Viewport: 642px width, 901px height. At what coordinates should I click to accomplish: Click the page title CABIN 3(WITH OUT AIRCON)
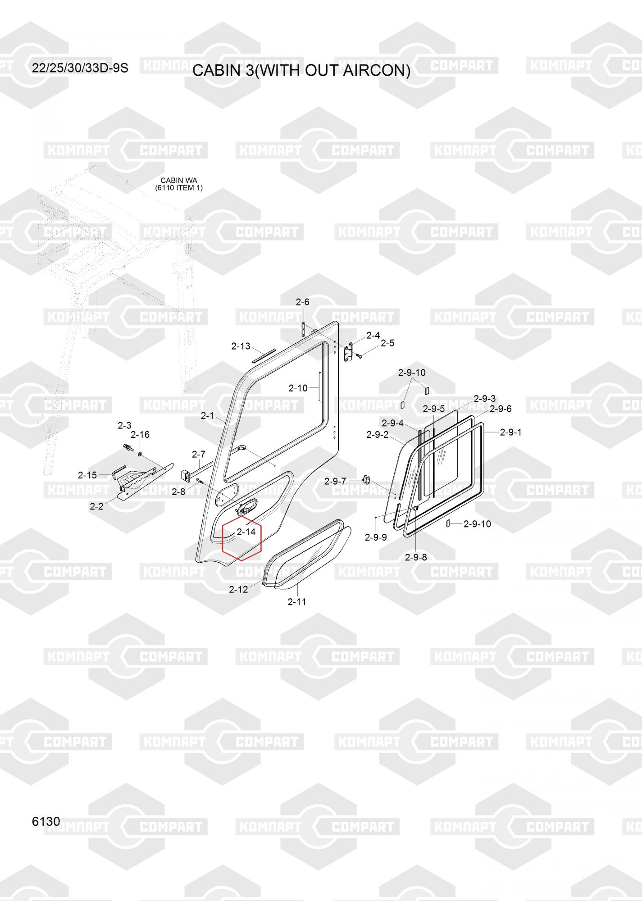pos(301,70)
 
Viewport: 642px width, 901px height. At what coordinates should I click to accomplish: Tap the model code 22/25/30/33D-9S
pos(80,68)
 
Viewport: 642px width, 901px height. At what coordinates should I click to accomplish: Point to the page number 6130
pos(46,821)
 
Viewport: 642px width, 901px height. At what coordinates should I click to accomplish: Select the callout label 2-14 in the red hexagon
pos(246,532)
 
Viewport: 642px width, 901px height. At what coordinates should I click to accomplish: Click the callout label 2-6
pos(302,302)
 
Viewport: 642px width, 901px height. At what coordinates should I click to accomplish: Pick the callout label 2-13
pos(241,346)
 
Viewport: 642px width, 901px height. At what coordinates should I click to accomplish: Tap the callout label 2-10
pos(298,388)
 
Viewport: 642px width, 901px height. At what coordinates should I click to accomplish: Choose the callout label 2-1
pos(207,415)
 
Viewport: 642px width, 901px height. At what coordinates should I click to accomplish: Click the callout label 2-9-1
pos(510,432)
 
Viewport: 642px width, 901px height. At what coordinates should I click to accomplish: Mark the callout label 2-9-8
pos(415,557)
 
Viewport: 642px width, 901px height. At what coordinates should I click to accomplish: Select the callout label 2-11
pos(297,602)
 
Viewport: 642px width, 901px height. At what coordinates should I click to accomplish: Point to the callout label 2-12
pos(238,589)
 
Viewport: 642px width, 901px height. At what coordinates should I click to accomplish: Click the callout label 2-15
pos(87,475)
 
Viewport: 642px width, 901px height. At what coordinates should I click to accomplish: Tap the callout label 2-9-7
pos(335,481)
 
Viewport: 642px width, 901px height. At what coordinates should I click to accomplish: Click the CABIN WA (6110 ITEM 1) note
pos(179,184)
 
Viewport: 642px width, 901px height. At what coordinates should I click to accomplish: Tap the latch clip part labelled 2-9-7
pos(366,480)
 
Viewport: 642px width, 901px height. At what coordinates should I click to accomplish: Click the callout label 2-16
pos(140,434)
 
